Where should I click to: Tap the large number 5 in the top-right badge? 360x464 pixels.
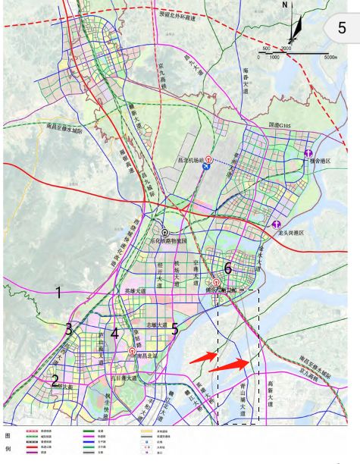(x=343, y=29)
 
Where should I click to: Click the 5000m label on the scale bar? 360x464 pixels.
(x=330, y=56)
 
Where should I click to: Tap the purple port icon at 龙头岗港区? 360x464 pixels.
(x=278, y=224)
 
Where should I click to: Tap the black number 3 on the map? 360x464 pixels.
(x=68, y=330)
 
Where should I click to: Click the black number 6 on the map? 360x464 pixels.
(x=227, y=268)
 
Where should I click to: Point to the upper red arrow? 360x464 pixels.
(x=202, y=355)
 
